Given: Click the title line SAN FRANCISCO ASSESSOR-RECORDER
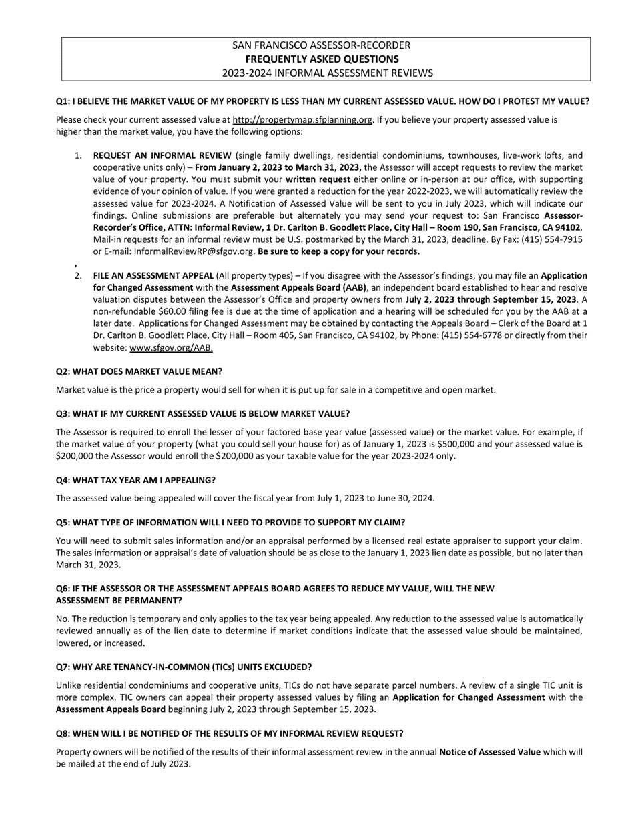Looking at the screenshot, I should click(321, 45).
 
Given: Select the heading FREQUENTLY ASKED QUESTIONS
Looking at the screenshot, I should click(321, 59).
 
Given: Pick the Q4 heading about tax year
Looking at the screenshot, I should click(135, 481).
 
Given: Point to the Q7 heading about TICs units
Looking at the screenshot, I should click(184, 667).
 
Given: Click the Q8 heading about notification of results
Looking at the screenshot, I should click(230, 734).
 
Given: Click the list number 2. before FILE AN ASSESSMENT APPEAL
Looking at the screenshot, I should click(79, 275).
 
